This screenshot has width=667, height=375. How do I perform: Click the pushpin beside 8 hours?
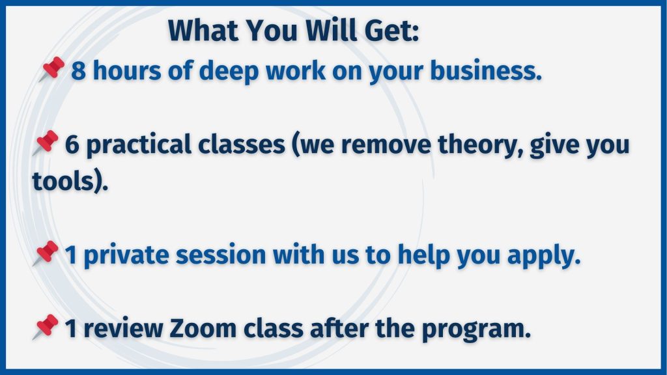click(x=52, y=68)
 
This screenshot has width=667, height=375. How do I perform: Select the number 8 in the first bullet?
click(x=78, y=70)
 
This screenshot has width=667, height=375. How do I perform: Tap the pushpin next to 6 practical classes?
click(x=46, y=143)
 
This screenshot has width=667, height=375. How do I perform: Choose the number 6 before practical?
click(x=72, y=145)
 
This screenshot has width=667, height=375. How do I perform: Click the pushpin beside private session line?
click(x=46, y=253)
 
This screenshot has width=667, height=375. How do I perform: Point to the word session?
click(x=221, y=255)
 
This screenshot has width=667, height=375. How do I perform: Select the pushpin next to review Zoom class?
click(x=46, y=327)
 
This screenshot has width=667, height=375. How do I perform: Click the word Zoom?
click(x=203, y=329)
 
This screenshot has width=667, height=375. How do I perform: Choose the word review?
click(x=123, y=329)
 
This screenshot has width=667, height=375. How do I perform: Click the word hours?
click(x=127, y=70)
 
